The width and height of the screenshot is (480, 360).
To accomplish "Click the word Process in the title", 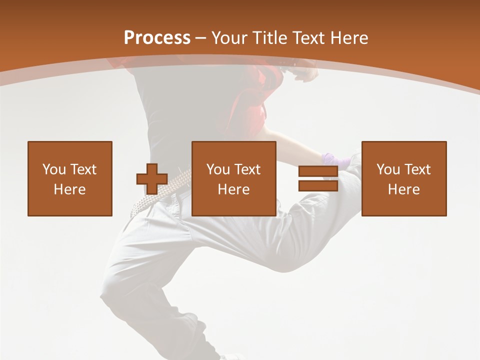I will pyautogui.click(x=157, y=38).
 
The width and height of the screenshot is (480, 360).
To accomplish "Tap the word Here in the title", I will pyautogui.click(x=348, y=38).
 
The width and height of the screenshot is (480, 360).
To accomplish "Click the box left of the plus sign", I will pyautogui.click(x=70, y=178).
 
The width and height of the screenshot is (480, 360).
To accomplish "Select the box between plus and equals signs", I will pyautogui.click(x=234, y=178).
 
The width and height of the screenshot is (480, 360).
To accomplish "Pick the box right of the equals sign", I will pyautogui.click(x=404, y=178).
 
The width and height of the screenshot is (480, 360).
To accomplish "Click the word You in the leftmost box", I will pyautogui.click(x=54, y=169).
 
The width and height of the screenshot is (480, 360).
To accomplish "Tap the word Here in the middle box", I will pyautogui.click(x=234, y=189).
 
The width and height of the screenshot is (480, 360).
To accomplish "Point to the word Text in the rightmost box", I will pyautogui.click(x=417, y=169).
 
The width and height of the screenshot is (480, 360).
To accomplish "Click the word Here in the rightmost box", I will pyautogui.click(x=404, y=189).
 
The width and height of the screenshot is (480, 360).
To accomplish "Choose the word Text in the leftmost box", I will pyautogui.click(x=83, y=169).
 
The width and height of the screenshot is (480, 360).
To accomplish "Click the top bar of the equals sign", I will pyautogui.click(x=318, y=171).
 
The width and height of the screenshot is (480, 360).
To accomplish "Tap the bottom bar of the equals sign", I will pyautogui.click(x=318, y=186).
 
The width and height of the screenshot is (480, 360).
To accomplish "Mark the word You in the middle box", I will pyautogui.click(x=218, y=169).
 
